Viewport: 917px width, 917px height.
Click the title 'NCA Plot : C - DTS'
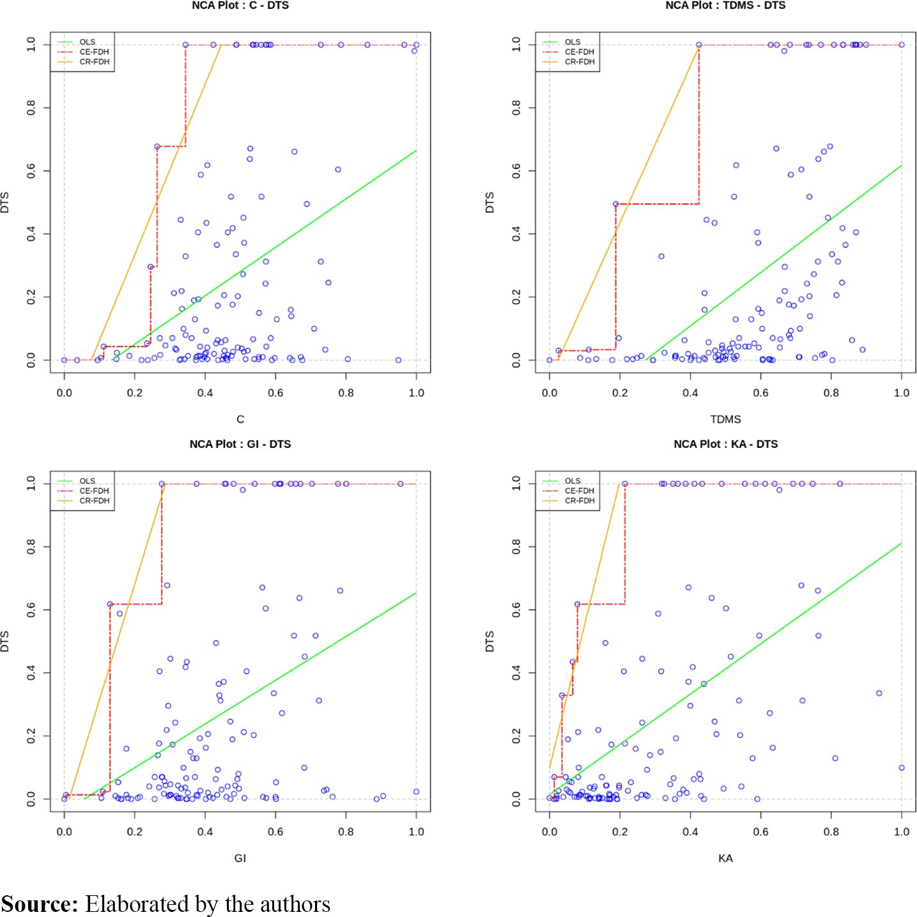click(240, 5)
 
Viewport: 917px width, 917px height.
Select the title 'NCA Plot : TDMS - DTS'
click(725, 5)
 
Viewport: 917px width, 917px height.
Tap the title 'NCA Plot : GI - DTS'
click(240, 444)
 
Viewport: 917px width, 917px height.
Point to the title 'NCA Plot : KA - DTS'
click(725, 444)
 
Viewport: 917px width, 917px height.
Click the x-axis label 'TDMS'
click(725, 419)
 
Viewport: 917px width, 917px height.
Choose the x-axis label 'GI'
click(240, 858)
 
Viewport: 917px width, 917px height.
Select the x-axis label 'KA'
click(725, 858)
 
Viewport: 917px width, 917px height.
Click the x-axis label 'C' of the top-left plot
click(240, 419)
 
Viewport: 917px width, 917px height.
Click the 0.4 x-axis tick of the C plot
click(205, 393)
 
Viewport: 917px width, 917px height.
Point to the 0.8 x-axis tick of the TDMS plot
click(831, 393)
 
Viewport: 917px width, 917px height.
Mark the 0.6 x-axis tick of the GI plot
click(275, 832)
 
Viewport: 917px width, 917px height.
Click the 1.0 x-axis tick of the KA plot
click(902, 832)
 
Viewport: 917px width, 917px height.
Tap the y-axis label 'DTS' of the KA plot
click(490, 642)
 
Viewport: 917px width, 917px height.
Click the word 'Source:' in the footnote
click(40, 904)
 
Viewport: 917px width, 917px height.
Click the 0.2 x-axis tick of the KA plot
click(620, 832)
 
